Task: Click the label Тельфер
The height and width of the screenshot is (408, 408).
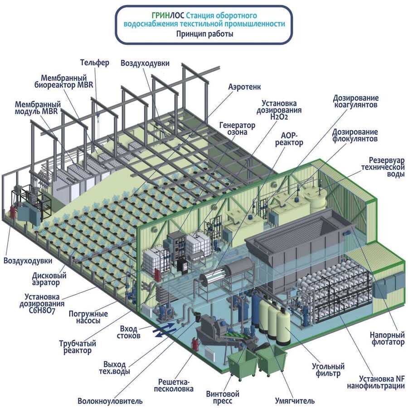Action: click(95, 63)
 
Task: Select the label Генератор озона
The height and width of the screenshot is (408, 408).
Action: click(237, 129)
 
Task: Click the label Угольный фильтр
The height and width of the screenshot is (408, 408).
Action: click(328, 370)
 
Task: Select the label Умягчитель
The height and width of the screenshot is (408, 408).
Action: click(295, 401)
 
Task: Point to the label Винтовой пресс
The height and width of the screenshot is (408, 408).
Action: click(223, 397)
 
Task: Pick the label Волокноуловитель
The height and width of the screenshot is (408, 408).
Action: click(110, 401)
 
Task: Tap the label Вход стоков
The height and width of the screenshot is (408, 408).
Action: click(129, 332)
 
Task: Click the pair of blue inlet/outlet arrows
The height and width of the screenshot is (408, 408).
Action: click(164, 330)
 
